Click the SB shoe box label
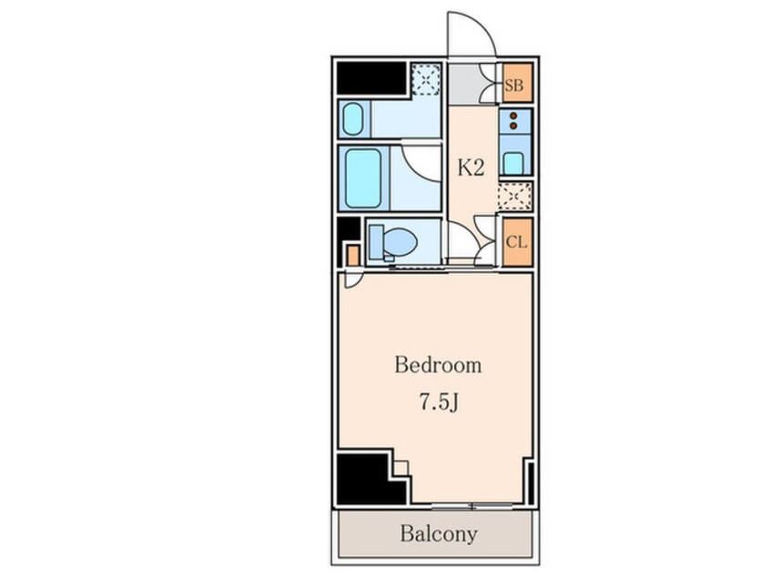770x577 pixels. click(513, 86)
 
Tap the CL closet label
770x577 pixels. click(516, 242)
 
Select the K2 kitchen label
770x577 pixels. click(471, 168)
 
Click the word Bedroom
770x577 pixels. click(438, 365)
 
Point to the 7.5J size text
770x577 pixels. click(439, 402)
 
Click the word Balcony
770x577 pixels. click(439, 533)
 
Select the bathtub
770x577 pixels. click(363, 178)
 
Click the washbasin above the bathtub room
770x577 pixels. click(352, 119)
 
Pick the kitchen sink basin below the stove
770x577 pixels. click(513, 163)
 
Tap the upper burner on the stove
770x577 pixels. click(513, 116)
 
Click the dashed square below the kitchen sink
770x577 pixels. click(514, 197)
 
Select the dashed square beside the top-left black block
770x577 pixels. click(426, 79)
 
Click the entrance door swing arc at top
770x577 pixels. click(479, 24)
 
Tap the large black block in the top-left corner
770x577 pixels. click(371, 77)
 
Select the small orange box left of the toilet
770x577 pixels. click(353, 256)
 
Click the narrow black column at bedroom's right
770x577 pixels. click(531, 483)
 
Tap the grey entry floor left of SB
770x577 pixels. click(464, 84)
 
